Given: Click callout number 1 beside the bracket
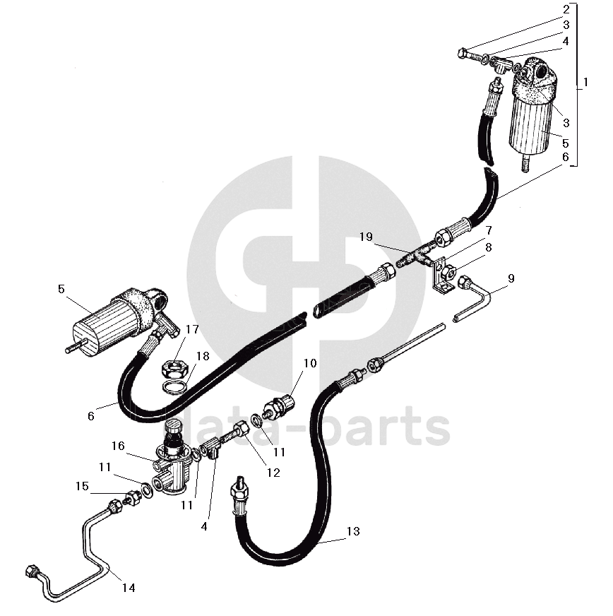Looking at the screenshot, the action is point(585,83).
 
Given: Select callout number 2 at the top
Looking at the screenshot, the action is point(566,10).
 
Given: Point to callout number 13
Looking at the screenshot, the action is point(353,532).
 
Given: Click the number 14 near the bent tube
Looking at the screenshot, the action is point(129,587).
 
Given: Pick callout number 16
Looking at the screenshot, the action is point(117,446).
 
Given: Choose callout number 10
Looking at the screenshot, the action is point(311,363).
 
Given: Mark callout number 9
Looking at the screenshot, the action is point(511,278).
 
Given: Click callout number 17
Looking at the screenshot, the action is point(192,329).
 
